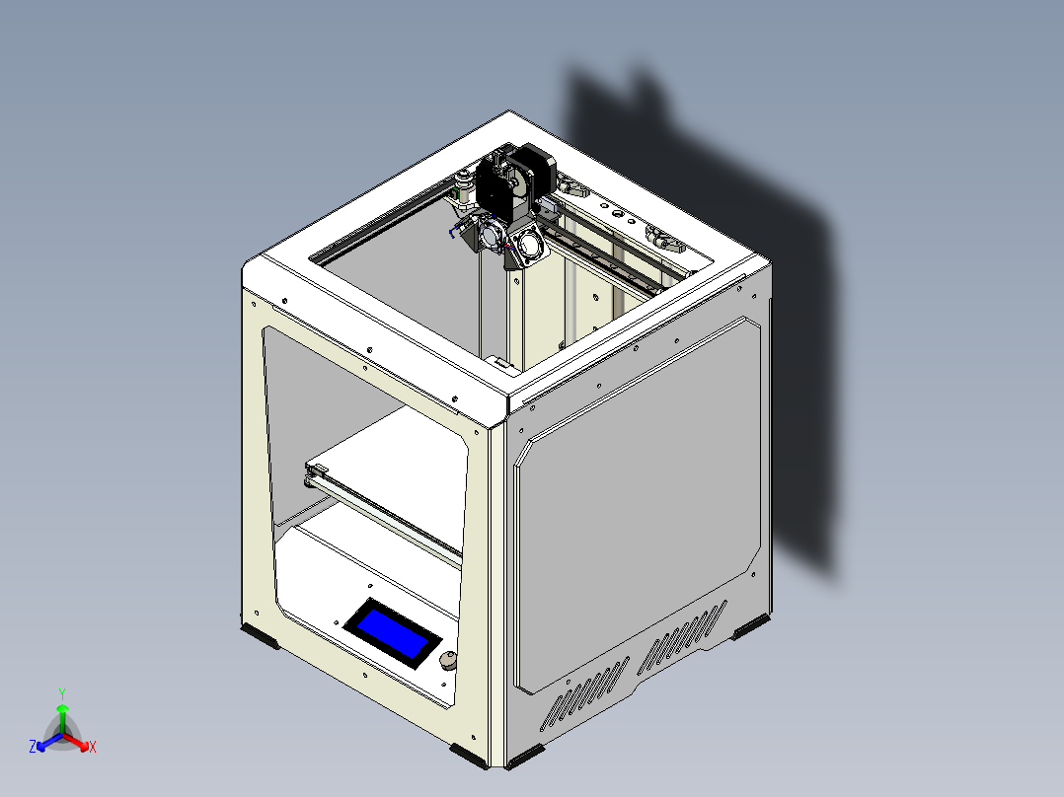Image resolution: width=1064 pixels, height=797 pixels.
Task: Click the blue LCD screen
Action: [x=392, y=633]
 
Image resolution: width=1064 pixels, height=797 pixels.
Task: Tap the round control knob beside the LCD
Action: [x=448, y=661]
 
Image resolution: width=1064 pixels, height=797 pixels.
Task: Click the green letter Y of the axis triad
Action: [x=61, y=692]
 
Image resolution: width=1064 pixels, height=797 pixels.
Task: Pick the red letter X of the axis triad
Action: [x=93, y=748]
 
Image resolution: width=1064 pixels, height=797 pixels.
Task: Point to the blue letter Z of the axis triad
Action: [x=33, y=748]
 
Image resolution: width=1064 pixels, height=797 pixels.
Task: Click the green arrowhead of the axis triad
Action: [x=61, y=709]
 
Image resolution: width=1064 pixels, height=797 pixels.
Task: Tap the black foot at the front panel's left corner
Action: [x=262, y=635]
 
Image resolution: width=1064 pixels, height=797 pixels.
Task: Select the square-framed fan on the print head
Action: [x=527, y=241]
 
